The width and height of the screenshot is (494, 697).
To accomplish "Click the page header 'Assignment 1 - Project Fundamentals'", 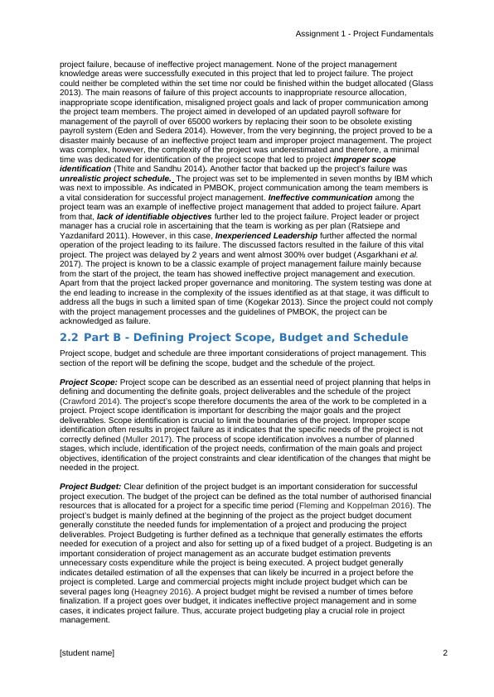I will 364,34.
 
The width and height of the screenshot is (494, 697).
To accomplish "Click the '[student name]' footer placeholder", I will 87,653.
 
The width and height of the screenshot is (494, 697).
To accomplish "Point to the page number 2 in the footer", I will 445,653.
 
